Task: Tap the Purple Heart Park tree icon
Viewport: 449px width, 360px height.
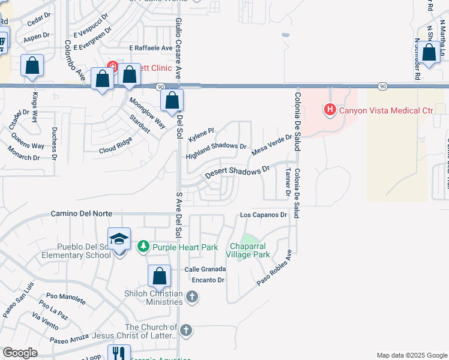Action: [x=143, y=247]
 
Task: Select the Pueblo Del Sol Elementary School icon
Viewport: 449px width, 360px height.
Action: [x=119, y=239]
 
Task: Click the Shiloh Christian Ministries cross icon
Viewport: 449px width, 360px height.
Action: [x=191, y=296]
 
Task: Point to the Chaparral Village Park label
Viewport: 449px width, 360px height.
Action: [x=248, y=250]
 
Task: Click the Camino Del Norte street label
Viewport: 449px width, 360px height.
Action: [x=82, y=214]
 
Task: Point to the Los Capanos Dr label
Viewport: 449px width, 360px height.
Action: [x=265, y=214]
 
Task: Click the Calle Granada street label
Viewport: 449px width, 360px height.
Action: [x=205, y=269]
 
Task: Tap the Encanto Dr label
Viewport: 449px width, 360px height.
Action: [x=208, y=280]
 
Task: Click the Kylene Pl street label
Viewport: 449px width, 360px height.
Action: [x=200, y=132]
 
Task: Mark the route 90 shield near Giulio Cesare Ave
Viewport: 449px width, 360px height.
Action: [x=161, y=87]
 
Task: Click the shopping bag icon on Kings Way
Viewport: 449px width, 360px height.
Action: [x=32, y=65]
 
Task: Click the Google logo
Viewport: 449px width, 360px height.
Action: [x=20, y=353]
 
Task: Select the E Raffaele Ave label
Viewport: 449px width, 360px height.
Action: [x=151, y=47]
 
